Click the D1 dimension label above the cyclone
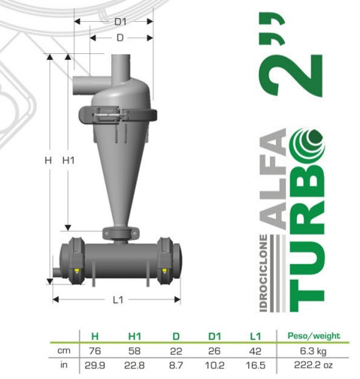pyautogui.click(x=120, y=22)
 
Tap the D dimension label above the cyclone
pyautogui.click(x=120, y=38)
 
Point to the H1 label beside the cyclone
pyautogui.click(x=68, y=160)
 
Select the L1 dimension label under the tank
pyautogui.click(x=118, y=299)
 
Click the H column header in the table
pyautogui.click(x=94, y=336)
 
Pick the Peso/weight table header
pyautogui.click(x=313, y=335)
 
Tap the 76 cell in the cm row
pyautogui.click(x=94, y=351)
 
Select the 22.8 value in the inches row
pyautogui.click(x=134, y=365)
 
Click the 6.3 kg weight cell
pyautogui.click(x=313, y=351)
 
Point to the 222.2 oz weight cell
pyautogui.click(x=313, y=365)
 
